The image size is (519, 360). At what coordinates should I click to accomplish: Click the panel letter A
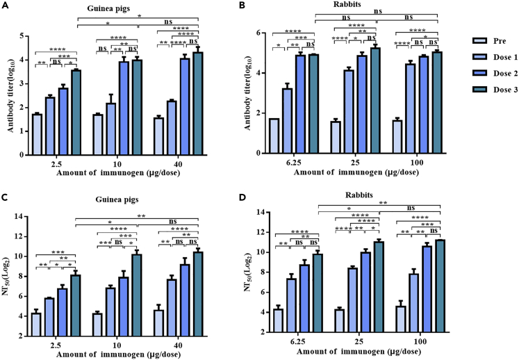pyautogui.click(x=5, y=6)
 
